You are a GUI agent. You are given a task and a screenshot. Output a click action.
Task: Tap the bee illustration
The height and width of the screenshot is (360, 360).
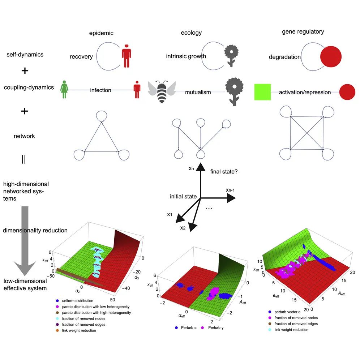coord(162,92)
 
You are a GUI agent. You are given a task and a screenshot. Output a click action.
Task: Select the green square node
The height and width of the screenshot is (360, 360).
coord(262,92)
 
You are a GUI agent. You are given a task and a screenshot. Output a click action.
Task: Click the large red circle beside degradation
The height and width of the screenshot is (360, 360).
coord(331,57)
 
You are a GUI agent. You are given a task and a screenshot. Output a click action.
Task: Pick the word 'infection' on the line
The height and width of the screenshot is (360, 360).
coord(100,90)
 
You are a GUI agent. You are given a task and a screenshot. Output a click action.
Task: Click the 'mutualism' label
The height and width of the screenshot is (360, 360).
coord(198,92)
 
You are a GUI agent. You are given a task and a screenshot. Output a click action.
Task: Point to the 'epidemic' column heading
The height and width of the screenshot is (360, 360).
coord(102,33)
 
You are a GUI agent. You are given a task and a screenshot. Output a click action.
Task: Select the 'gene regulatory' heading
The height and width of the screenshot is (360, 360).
coord(303,31)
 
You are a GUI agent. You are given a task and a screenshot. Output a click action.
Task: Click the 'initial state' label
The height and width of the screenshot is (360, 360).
coord(183,197)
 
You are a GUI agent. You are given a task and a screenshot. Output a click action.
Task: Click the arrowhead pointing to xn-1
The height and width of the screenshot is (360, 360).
coord(231,198)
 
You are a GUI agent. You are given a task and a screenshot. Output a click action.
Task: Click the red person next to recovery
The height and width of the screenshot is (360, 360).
coord(126,56)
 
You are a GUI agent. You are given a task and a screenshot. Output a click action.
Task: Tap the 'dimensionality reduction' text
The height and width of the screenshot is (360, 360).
coord(35,231)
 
